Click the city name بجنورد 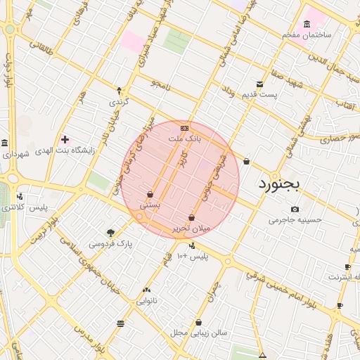279,184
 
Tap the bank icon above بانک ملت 184,128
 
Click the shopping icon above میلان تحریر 191,217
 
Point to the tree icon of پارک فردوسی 110,233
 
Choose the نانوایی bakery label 146,301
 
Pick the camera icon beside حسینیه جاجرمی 294,209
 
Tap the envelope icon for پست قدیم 260,84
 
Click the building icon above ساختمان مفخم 307,25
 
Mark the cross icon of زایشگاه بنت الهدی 65,140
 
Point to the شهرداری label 15,154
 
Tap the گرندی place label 117,102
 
